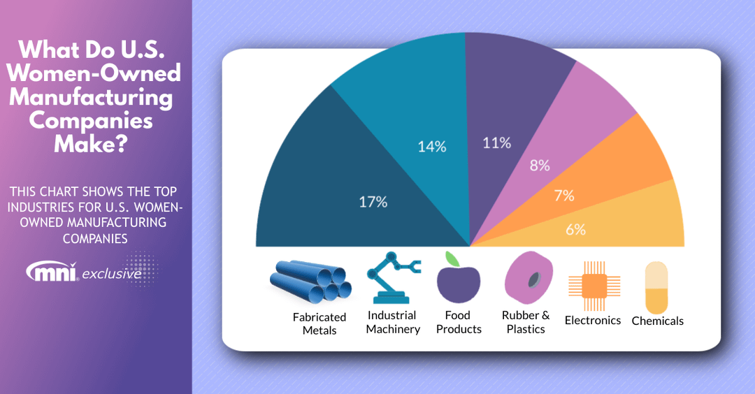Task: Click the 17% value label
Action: click(373, 202)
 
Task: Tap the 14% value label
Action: click(432, 146)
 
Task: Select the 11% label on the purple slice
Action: click(497, 143)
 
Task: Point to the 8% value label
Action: click(540, 166)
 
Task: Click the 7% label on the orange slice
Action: click(564, 196)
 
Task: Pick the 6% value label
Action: click(576, 229)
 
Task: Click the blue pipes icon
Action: click(310, 282)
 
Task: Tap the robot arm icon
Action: click(393, 277)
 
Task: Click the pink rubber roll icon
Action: click(528, 277)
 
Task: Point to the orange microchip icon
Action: click(594, 286)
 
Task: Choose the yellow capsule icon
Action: click(656, 288)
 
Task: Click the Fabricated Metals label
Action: click(319, 323)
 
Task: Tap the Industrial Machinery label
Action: click(393, 322)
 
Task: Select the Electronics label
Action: click(593, 321)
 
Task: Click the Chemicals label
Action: click(658, 321)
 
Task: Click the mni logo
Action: click(52, 271)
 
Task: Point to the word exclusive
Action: click(112, 275)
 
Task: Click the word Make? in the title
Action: click(91, 143)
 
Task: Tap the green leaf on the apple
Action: click(452, 258)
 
